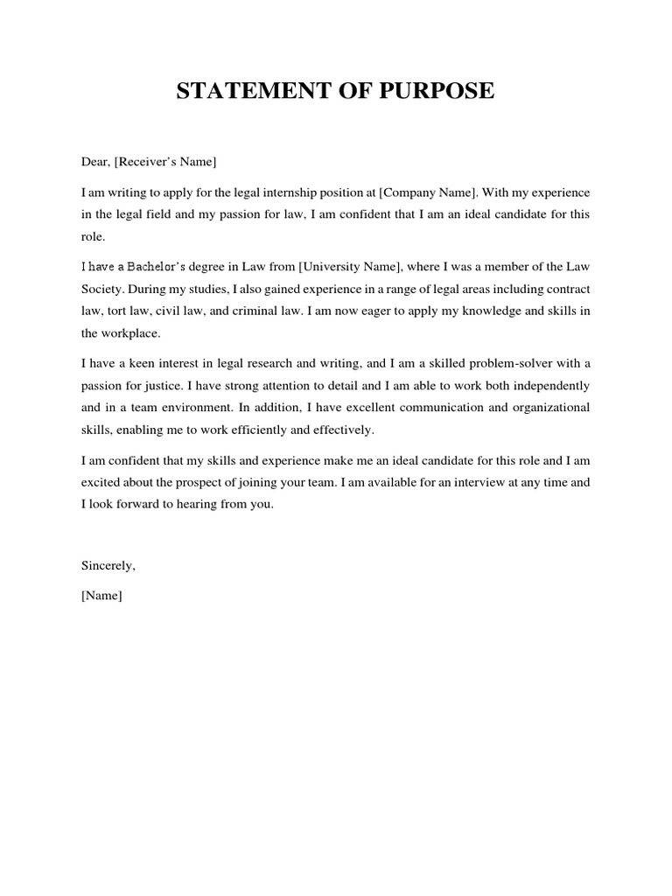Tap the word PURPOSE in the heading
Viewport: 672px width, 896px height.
tap(435, 92)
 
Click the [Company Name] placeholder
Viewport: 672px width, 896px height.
tap(417, 191)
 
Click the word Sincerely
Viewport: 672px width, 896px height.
tap(108, 565)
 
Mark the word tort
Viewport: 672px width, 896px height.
tap(117, 311)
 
